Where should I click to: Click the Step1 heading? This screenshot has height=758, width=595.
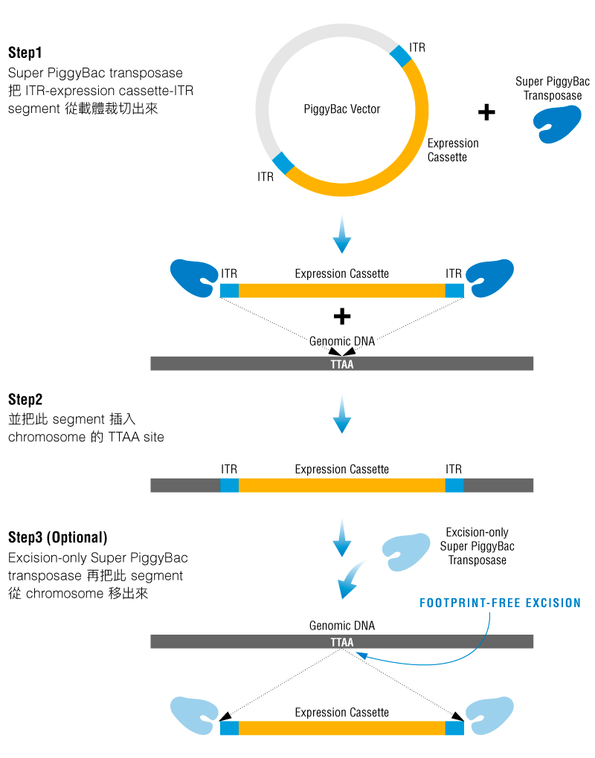[x=25, y=53]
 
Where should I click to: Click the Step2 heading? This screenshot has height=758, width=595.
[x=25, y=400]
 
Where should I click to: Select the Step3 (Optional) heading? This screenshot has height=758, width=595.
[x=57, y=537]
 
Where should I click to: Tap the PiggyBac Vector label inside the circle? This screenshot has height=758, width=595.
[x=341, y=109]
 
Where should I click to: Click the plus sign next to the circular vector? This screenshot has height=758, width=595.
[x=486, y=112]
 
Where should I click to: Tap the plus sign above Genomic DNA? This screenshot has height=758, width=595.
[x=341, y=317]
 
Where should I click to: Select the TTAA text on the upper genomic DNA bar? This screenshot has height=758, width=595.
[x=341, y=364]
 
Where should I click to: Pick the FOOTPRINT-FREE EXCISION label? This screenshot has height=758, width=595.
[x=500, y=603]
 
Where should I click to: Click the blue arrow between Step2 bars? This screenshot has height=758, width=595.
[x=341, y=415]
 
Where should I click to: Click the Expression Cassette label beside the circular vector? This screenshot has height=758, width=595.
[x=453, y=150]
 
